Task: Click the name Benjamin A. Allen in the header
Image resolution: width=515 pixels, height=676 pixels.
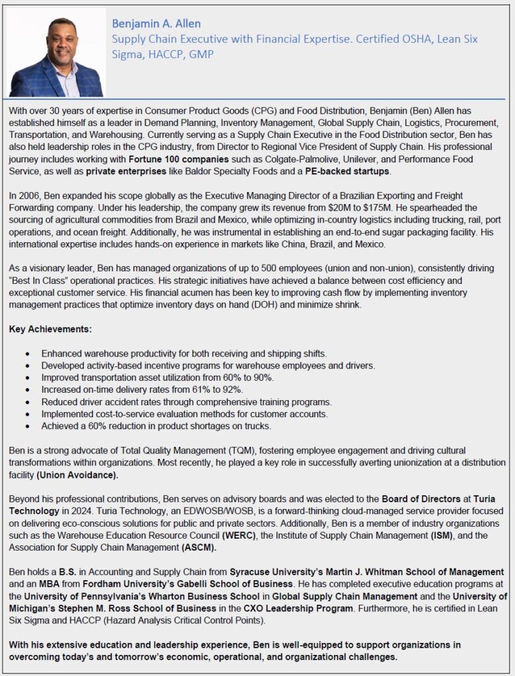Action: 156,24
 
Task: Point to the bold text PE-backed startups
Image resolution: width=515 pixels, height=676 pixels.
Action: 348,172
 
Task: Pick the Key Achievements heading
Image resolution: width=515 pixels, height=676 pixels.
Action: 50,328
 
